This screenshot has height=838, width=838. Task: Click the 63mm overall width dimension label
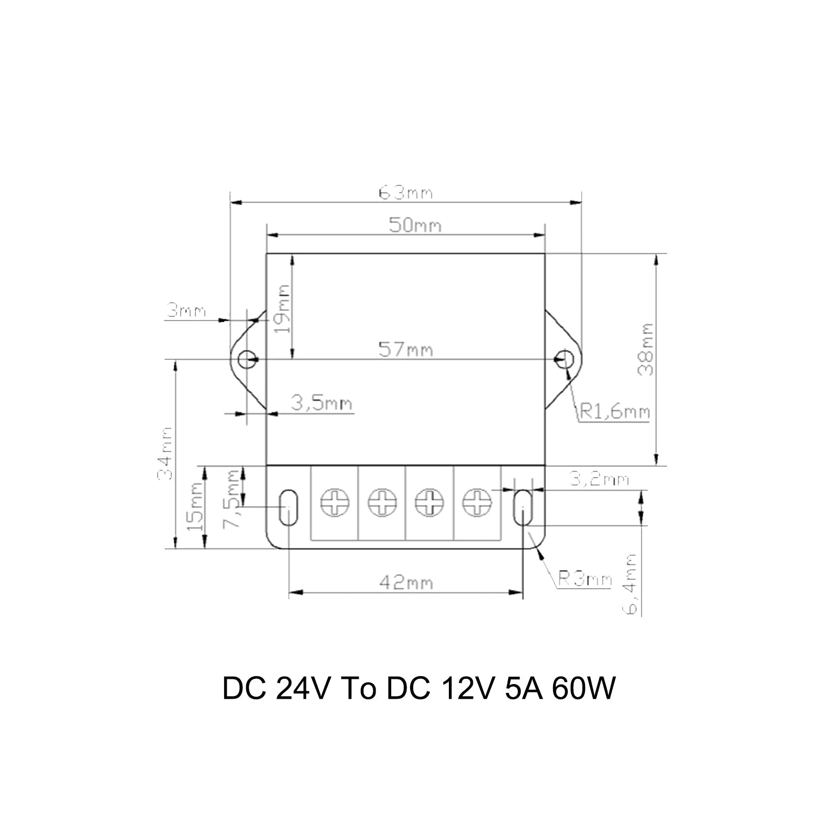[x=406, y=193]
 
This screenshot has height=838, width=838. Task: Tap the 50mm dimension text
[x=415, y=226]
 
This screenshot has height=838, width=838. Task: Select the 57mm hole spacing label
[x=406, y=349]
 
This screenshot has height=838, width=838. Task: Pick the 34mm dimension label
[x=166, y=454]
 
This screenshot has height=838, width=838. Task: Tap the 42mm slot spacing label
[x=406, y=583]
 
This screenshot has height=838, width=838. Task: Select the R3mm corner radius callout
[x=585, y=579]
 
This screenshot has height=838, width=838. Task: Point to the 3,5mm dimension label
[x=322, y=404]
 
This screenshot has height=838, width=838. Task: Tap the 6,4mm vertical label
[x=632, y=584]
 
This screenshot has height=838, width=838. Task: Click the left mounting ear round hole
[x=247, y=359]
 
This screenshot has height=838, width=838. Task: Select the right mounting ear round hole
[x=565, y=359]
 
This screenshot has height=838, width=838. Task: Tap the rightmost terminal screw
[x=477, y=503]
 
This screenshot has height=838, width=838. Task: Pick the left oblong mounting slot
[x=287, y=507]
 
